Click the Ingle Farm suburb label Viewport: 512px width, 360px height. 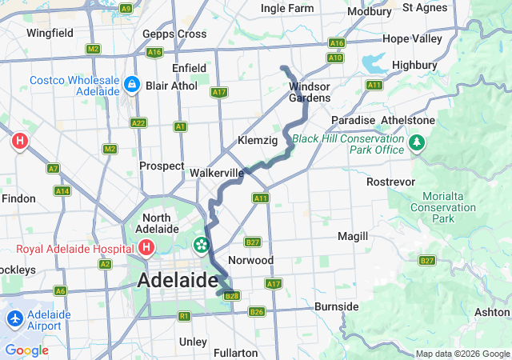pyautogui.click(x=287, y=9)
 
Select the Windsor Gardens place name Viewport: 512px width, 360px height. pyautogui.click(x=310, y=92)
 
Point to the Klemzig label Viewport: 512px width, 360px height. pyautogui.click(x=258, y=140)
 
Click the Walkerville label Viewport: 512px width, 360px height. pyautogui.click(x=217, y=172)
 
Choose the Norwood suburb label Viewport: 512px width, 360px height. pyautogui.click(x=250, y=260)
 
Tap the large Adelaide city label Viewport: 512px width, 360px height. pyautogui.click(x=178, y=281)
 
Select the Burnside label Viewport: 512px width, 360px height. pyautogui.click(x=336, y=306)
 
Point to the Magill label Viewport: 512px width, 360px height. pyautogui.click(x=353, y=236)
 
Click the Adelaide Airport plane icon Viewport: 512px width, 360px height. pyautogui.click(x=14, y=318)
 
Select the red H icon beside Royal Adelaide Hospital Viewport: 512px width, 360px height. pyautogui.click(x=146, y=248)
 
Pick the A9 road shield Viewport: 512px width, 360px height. pyautogui.click(x=125, y=8)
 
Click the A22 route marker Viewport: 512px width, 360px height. pyautogui.click(x=138, y=122)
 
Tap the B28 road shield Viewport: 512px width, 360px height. pyautogui.click(x=232, y=296)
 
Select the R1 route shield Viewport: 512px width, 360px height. pyautogui.click(x=184, y=317)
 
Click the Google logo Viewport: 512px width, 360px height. pyautogui.click(x=26, y=350)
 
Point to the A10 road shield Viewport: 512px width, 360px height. pyautogui.click(x=335, y=58)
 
